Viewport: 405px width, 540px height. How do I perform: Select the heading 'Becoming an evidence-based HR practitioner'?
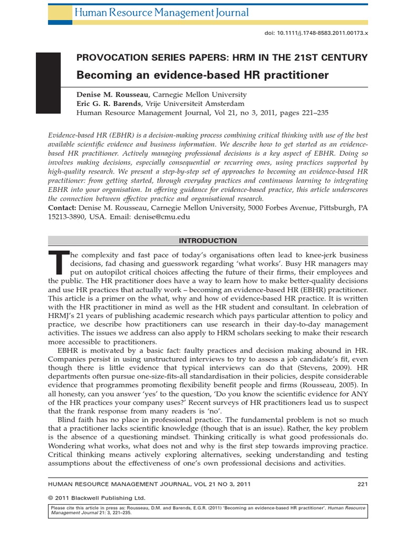click(202, 75)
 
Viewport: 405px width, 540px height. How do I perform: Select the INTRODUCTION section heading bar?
click(208, 240)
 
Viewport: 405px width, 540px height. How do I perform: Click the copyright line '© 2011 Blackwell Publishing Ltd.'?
click(96, 497)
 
